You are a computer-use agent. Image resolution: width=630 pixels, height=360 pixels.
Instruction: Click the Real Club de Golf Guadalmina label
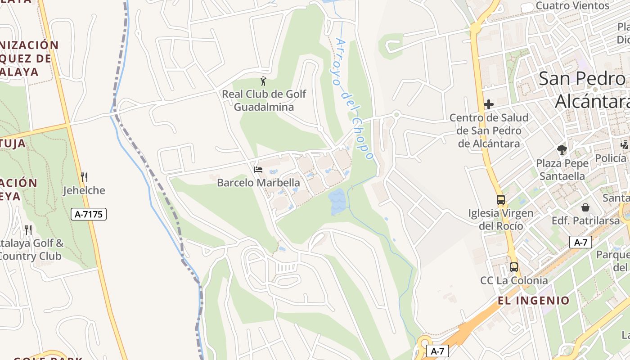(x=264, y=100)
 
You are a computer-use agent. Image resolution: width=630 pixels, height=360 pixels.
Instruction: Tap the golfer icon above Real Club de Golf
(x=263, y=81)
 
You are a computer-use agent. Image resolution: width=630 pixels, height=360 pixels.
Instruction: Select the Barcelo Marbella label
(x=258, y=183)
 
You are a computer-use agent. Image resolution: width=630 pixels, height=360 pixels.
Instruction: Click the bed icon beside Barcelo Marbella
(x=258, y=170)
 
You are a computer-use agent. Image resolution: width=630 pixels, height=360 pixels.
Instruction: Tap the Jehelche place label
(x=84, y=190)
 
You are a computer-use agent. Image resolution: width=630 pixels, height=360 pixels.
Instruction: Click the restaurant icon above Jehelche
(x=84, y=177)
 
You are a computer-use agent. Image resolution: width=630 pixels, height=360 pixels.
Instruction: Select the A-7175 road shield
(x=89, y=214)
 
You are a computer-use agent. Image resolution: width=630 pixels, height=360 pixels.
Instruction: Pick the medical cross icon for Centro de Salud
(x=489, y=105)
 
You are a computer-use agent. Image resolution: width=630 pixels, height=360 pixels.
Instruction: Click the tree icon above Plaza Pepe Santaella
(x=562, y=150)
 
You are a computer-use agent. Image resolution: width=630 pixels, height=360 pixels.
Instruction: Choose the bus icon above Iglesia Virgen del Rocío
(x=501, y=200)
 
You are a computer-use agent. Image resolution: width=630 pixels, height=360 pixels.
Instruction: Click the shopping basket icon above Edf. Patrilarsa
(x=585, y=207)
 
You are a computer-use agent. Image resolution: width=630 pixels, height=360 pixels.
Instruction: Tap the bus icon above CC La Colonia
(x=514, y=267)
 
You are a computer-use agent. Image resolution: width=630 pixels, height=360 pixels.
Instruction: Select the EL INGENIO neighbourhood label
(x=534, y=300)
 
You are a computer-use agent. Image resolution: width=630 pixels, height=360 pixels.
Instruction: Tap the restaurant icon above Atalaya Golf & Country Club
(x=28, y=230)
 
